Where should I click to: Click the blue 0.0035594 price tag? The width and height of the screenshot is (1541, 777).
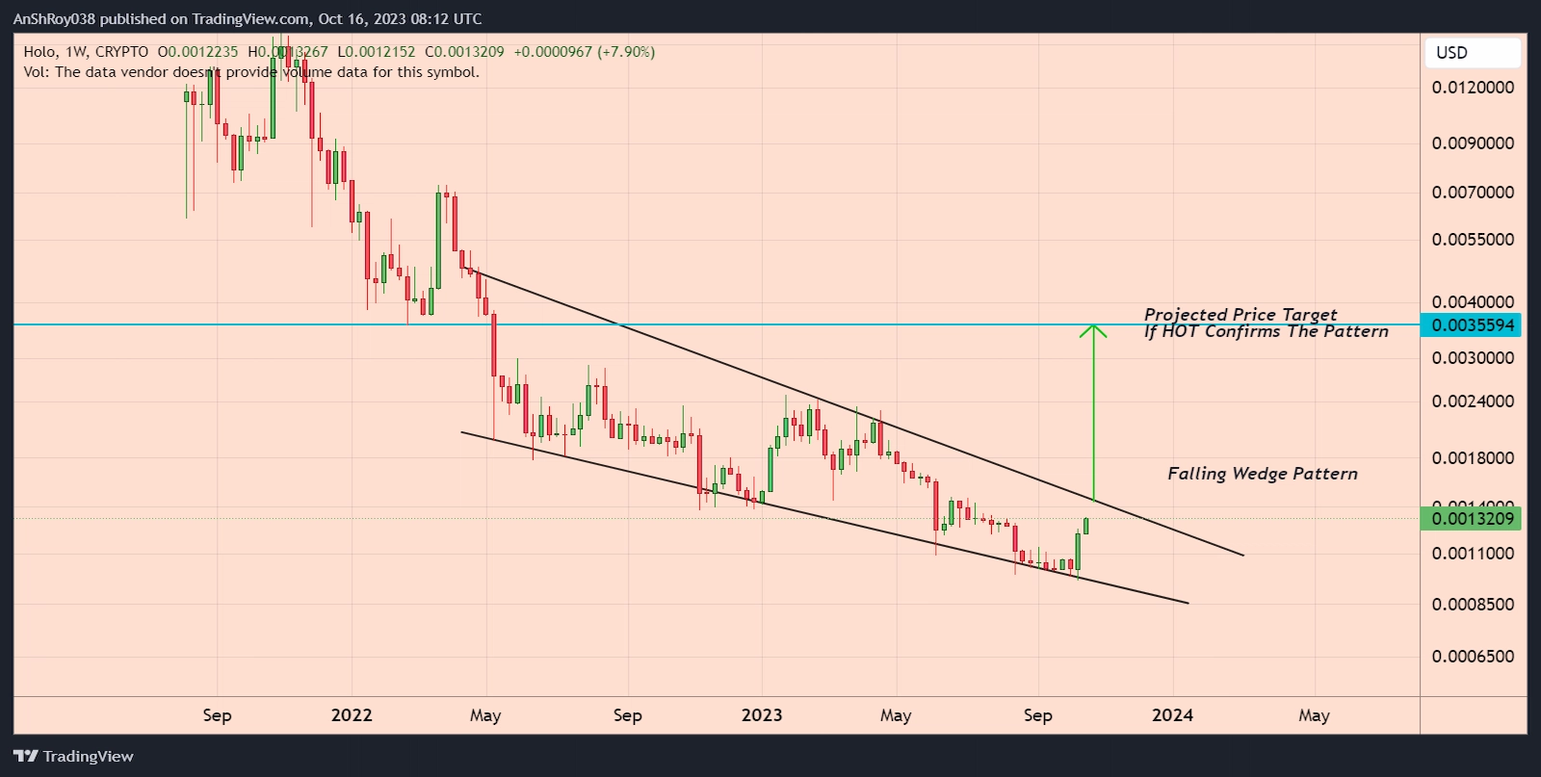[1473, 325]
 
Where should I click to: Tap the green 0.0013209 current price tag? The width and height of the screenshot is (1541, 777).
[1473, 519]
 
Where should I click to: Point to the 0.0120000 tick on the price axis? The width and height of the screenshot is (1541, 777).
[1473, 88]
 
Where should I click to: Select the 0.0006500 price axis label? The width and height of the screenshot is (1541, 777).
[1473, 657]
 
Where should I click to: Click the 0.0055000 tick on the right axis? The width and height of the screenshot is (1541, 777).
[1473, 240]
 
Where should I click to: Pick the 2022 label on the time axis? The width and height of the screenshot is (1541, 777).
[351, 715]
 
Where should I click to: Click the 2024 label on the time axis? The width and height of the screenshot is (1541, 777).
[1172, 715]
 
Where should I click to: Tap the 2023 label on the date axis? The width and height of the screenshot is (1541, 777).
[761, 715]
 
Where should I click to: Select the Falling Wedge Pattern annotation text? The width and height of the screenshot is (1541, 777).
[1262, 474]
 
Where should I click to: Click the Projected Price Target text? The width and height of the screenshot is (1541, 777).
[1241, 315]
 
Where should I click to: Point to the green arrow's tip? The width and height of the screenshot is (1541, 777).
[1093, 326]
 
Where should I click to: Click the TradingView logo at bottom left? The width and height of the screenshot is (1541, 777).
[74, 757]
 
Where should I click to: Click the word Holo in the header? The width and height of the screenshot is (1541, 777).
[39, 52]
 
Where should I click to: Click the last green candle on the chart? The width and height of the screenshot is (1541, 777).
[1085, 526]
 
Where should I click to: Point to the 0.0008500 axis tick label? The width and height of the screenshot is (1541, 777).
[1473, 605]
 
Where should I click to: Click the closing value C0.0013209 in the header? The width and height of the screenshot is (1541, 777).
[465, 52]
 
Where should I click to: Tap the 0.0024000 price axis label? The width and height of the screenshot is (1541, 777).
[1473, 401]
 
